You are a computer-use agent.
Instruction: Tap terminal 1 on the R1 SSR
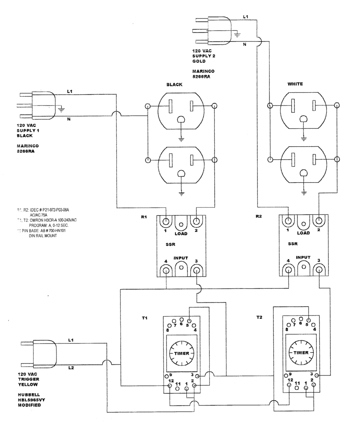[x=167, y=221]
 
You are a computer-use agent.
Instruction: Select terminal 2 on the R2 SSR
[x=319, y=221]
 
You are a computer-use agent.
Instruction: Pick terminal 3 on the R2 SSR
[x=319, y=270]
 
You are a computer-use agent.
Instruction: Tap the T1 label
[x=144, y=318]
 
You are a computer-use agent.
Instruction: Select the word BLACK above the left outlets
[x=175, y=85]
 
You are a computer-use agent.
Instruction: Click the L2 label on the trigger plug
[x=72, y=367]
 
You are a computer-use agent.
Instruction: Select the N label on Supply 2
[x=244, y=44]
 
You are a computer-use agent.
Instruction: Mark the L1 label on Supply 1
[x=69, y=91]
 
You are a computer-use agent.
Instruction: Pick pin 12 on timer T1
[x=170, y=385]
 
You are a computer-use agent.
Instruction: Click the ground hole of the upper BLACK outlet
[x=181, y=120]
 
